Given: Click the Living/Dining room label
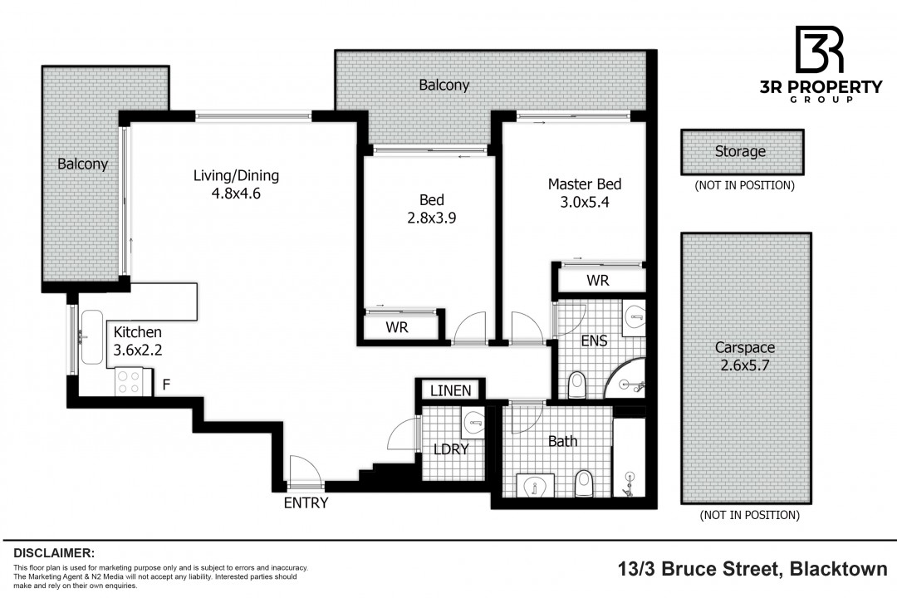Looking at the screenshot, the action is [x=236, y=176].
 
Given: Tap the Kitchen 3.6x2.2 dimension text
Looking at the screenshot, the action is [x=138, y=350].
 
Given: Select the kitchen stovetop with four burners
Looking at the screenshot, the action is [x=129, y=382].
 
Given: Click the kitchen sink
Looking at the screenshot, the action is [x=91, y=337].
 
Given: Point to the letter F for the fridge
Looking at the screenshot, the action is [x=166, y=384].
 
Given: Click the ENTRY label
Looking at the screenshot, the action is [x=306, y=503].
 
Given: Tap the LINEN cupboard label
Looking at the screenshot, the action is [x=451, y=391].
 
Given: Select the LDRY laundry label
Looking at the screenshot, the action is [x=451, y=449].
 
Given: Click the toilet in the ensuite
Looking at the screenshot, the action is [x=578, y=385].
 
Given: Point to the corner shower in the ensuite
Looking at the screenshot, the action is [x=626, y=379].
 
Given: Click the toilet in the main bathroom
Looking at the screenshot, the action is [x=584, y=483].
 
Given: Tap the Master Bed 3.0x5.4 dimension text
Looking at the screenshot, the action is [x=585, y=202].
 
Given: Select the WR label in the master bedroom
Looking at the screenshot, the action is [x=598, y=281].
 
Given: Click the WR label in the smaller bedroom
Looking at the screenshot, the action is [x=397, y=327].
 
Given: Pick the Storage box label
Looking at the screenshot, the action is [x=740, y=151].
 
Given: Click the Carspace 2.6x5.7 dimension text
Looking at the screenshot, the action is [x=745, y=365].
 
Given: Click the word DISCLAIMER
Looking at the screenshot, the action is [x=54, y=553].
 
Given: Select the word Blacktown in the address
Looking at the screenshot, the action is [x=839, y=570].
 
